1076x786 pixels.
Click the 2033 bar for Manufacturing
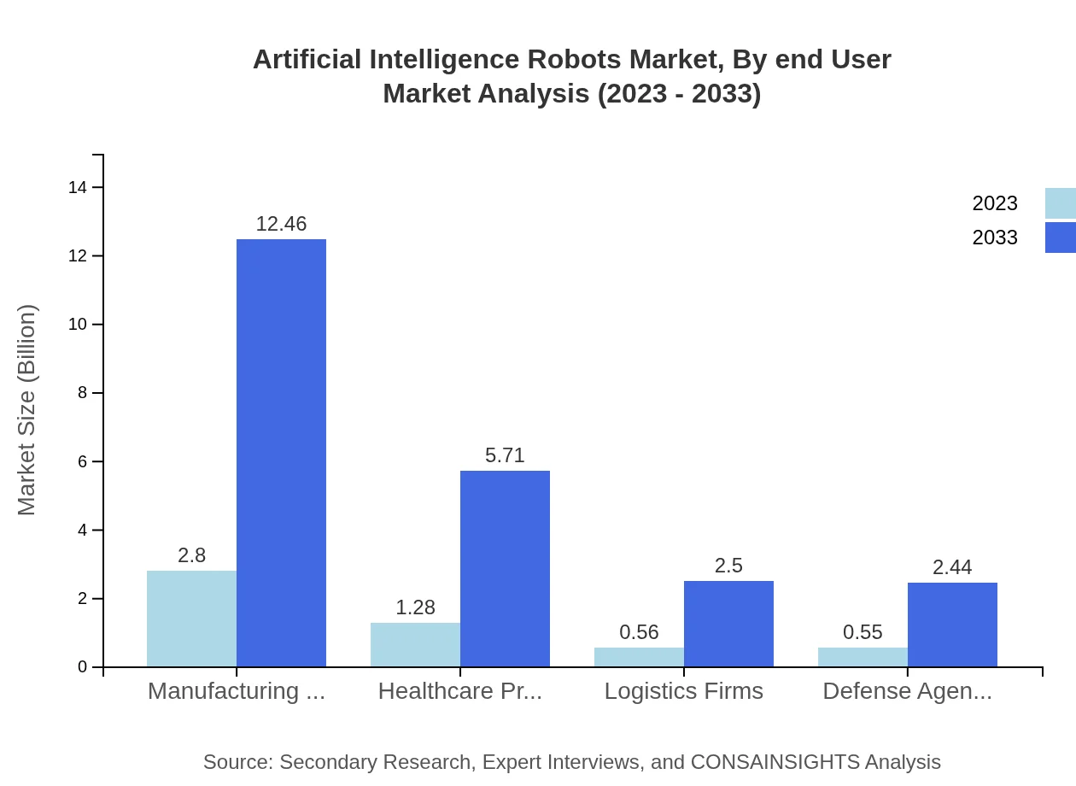coord(281,453)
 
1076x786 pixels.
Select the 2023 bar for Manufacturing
coord(191,619)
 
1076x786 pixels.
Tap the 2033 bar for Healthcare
coord(505,568)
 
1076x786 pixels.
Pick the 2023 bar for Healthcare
coord(415,645)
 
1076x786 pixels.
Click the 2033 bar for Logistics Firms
coord(728,624)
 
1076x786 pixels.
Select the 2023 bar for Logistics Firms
coord(639,657)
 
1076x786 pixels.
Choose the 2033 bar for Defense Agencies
coord(952,625)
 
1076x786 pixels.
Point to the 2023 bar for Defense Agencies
coord(863,657)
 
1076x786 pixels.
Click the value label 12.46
coord(281,224)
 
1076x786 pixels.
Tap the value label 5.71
coord(505,455)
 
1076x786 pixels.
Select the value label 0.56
coord(639,632)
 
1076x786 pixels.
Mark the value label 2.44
coord(952,567)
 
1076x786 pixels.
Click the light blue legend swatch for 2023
coord(1061,203)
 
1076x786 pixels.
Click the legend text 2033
coord(995,238)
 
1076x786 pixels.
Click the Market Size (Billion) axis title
coord(27,410)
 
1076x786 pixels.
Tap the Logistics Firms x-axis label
coord(683,691)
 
